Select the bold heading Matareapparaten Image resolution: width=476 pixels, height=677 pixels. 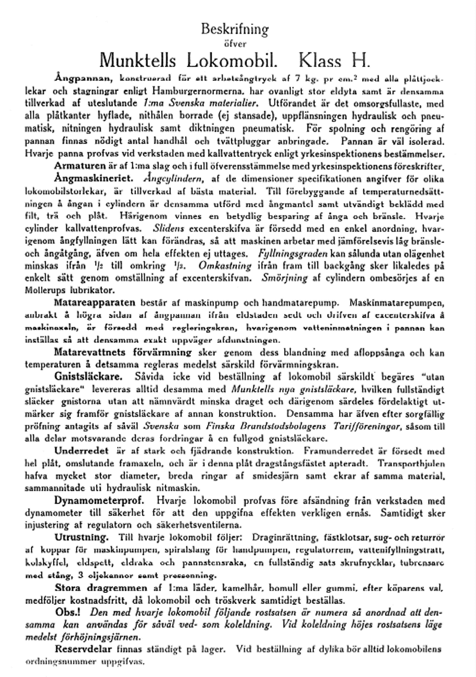[95, 301]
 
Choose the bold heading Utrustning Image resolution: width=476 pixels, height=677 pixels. [82, 536]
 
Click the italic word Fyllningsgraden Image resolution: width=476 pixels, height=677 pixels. [292, 254]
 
